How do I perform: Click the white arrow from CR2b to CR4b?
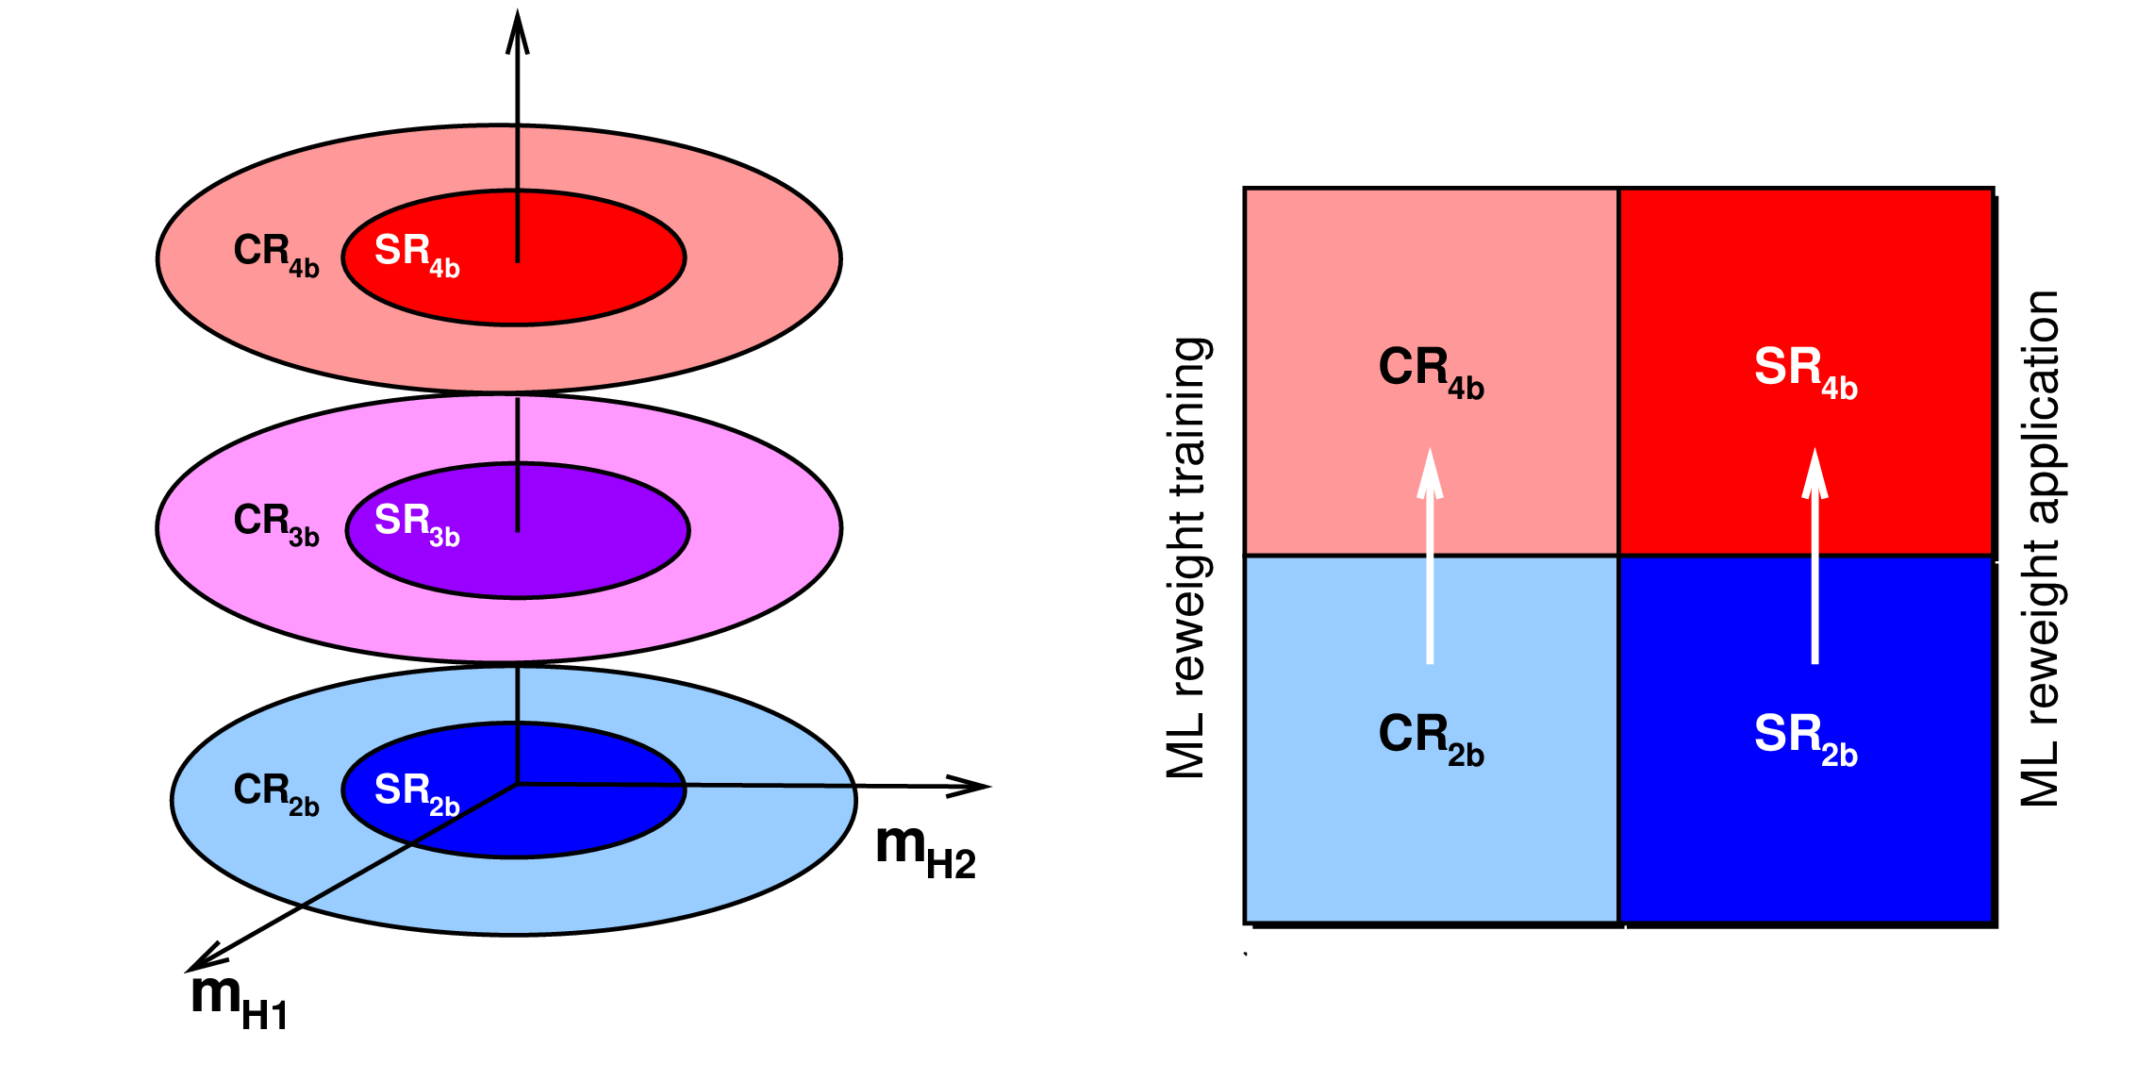pyautogui.click(x=1430, y=557)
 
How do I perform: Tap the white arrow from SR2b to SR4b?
pyautogui.click(x=1814, y=557)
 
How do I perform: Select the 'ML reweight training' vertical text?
pyautogui.click(x=1188, y=557)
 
